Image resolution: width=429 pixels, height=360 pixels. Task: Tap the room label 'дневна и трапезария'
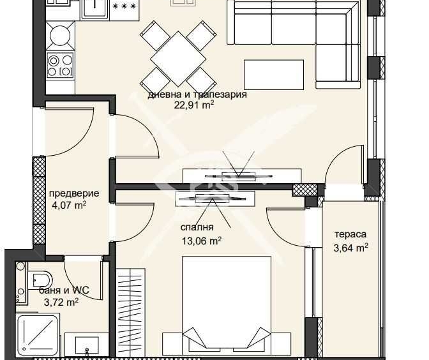[x=197, y=94]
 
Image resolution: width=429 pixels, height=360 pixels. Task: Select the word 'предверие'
[x=74, y=193]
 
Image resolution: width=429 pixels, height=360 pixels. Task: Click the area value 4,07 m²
[x=68, y=206]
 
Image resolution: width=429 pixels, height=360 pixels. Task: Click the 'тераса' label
[x=350, y=234]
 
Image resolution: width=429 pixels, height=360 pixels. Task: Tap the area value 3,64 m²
[x=350, y=248]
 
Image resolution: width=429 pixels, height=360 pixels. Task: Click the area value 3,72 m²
[x=61, y=302]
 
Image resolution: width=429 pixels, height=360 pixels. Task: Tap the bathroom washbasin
[x=86, y=345]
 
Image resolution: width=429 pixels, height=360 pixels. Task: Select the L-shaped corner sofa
[x=294, y=32]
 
